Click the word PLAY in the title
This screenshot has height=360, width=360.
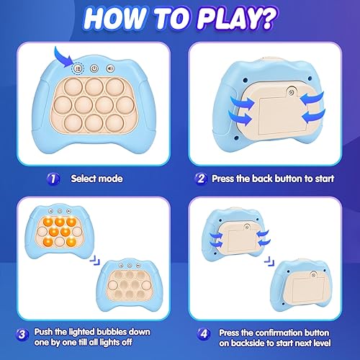click(216, 17)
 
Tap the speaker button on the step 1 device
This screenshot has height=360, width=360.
click(109, 68)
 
